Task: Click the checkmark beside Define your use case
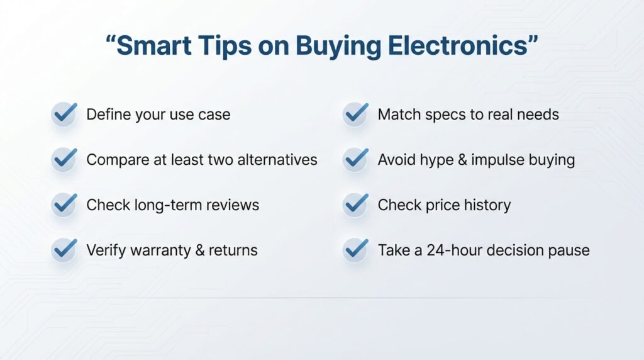click(64, 114)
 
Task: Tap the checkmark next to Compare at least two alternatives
click(64, 159)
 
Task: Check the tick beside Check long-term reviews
click(64, 205)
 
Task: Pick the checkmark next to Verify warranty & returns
click(64, 250)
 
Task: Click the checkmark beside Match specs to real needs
click(355, 114)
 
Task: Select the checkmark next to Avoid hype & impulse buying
click(355, 159)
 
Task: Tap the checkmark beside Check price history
click(355, 205)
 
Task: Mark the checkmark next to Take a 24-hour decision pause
click(355, 250)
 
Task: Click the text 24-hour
click(446, 250)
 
